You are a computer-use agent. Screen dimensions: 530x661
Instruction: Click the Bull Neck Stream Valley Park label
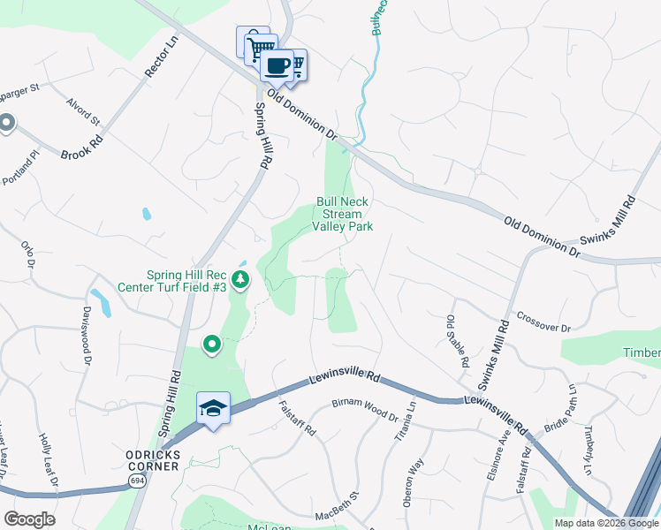click(x=342, y=214)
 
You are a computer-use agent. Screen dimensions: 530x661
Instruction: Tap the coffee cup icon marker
click(x=277, y=65)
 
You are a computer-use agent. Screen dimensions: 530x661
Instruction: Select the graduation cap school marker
click(x=213, y=408)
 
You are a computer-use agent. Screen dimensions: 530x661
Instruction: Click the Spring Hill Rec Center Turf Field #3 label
click(x=186, y=281)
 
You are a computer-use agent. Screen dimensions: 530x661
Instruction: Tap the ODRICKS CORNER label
click(x=153, y=455)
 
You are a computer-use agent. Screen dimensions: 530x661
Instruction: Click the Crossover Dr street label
click(x=543, y=322)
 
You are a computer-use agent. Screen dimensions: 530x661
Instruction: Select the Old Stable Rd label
click(x=457, y=341)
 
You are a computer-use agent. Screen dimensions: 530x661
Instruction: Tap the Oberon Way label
click(x=414, y=482)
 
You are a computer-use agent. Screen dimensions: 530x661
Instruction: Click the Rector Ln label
click(x=162, y=59)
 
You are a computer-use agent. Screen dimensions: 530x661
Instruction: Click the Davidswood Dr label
click(x=87, y=337)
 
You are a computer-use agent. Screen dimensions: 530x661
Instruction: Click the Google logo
click(x=29, y=519)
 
